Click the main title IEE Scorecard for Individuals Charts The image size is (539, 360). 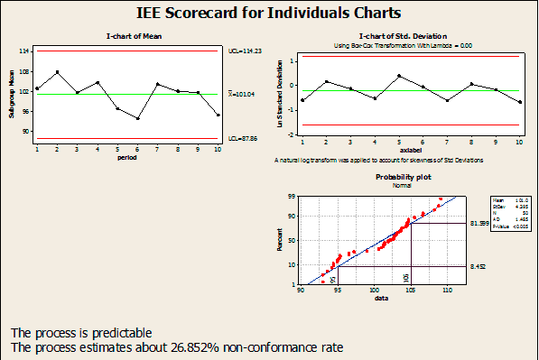tap(269, 14)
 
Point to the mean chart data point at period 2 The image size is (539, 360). tap(58, 72)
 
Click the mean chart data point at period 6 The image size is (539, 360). tap(137, 118)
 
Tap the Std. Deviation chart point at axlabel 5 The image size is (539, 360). tap(399, 76)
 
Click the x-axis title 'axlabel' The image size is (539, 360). tap(411, 151)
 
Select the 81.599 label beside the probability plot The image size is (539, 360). tap(480, 223)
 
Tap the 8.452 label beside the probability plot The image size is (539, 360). tap(479, 266)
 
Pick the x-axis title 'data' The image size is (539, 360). tap(381, 299)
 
